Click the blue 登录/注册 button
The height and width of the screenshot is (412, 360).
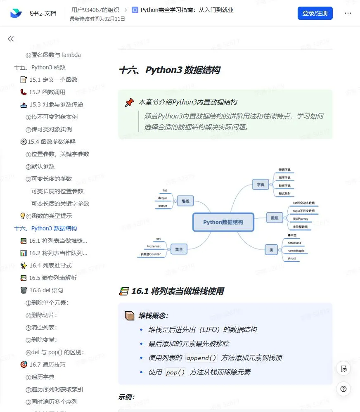(315, 13)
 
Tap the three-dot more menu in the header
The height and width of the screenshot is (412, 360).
(348, 13)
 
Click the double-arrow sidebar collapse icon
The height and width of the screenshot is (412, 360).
(11, 39)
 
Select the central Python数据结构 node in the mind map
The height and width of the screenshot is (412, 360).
(223, 222)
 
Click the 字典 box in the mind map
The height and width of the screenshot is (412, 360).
(261, 185)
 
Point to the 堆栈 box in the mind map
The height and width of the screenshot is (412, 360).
(185, 201)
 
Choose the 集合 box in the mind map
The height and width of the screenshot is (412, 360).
(179, 249)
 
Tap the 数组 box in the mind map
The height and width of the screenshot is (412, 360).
(275, 218)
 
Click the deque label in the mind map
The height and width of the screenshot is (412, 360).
(163, 198)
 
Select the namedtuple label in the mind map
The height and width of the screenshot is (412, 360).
(296, 251)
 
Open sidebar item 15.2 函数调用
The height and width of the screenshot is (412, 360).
(47, 92)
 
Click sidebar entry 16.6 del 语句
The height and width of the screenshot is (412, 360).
(46, 290)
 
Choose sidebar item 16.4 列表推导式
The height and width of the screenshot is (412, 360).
(50, 265)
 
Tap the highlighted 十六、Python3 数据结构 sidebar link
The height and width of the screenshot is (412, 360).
(45, 228)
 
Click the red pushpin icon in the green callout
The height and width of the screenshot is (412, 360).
(130, 102)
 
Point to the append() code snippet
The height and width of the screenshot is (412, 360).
(201, 358)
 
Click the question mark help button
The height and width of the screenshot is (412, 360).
(343, 388)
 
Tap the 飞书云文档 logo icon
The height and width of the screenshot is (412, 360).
(16, 13)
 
